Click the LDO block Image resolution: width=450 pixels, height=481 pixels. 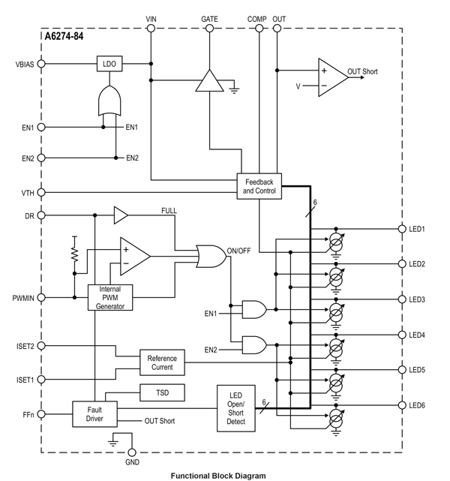point(109,64)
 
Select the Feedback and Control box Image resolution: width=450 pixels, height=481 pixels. point(259,187)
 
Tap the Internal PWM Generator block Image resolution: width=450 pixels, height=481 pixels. point(110,298)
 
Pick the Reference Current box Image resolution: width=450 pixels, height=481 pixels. point(161,362)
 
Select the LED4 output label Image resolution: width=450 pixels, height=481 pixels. point(417,335)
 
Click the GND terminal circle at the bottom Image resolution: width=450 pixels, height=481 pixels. point(132,453)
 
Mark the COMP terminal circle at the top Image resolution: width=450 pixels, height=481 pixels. point(259,29)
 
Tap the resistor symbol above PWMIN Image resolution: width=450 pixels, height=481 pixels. point(75,250)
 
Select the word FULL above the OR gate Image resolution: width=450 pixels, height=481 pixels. point(169,211)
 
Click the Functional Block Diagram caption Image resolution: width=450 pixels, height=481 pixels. point(217,475)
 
